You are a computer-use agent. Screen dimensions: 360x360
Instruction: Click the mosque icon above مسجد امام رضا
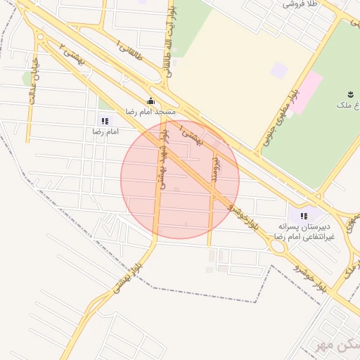(x=150, y=101)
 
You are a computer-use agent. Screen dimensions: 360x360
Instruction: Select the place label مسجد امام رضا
(x=150, y=112)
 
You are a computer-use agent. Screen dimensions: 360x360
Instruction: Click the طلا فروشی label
(x=300, y=4)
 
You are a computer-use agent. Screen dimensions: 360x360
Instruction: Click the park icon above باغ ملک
(x=350, y=94)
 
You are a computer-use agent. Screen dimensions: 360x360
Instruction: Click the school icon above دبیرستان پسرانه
(x=303, y=216)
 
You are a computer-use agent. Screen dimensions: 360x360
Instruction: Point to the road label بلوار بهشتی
(x=123, y=276)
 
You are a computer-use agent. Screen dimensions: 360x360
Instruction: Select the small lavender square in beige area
(x=279, y=70)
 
